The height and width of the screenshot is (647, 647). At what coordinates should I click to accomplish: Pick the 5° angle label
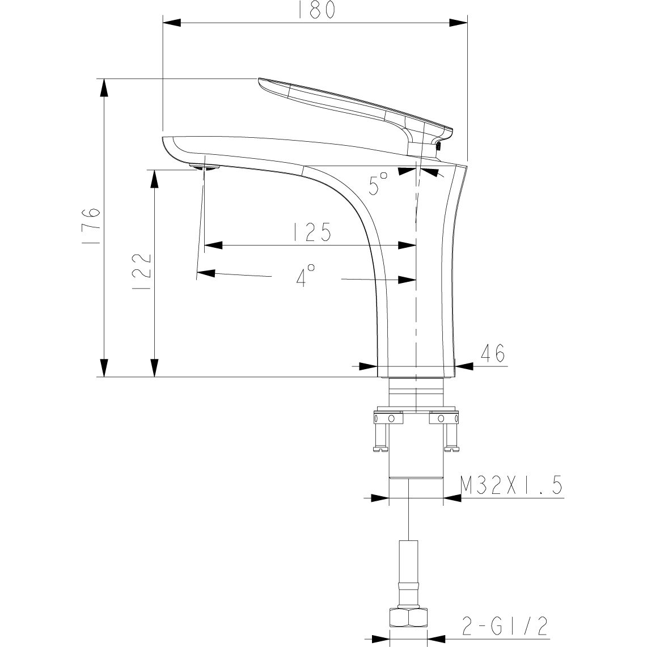point(379,184)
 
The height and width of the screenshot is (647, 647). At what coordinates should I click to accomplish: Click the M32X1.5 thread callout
point(510,486)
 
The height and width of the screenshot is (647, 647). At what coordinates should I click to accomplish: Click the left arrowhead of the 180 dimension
point(172,23)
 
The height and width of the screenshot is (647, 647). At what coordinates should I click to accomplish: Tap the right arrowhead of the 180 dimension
point(459,23)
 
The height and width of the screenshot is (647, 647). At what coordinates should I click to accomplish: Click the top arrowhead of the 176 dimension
point(104,87)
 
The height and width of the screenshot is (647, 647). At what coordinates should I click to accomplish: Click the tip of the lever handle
point(261,82)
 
